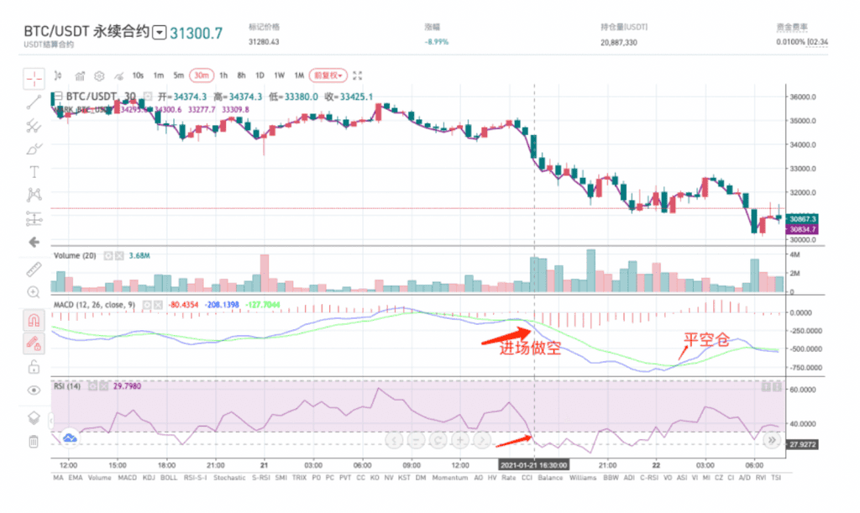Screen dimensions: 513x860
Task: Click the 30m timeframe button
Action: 201,75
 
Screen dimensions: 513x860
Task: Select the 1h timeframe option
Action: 223,75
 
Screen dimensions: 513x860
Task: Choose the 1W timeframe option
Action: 280,75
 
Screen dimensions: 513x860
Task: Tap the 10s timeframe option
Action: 138,75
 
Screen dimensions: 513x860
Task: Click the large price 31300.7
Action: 197,34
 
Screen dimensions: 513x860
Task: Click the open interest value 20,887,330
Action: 619,41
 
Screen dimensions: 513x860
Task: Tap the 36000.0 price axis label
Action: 805,97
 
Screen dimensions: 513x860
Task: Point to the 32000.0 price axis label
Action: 805,192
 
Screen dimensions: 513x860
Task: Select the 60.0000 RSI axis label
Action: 805,390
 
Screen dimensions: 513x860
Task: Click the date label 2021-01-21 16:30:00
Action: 533,463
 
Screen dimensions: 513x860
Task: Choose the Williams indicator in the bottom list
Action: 582,478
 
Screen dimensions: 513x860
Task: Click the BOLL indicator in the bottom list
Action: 170,478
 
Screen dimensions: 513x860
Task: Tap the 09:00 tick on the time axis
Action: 412,463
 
